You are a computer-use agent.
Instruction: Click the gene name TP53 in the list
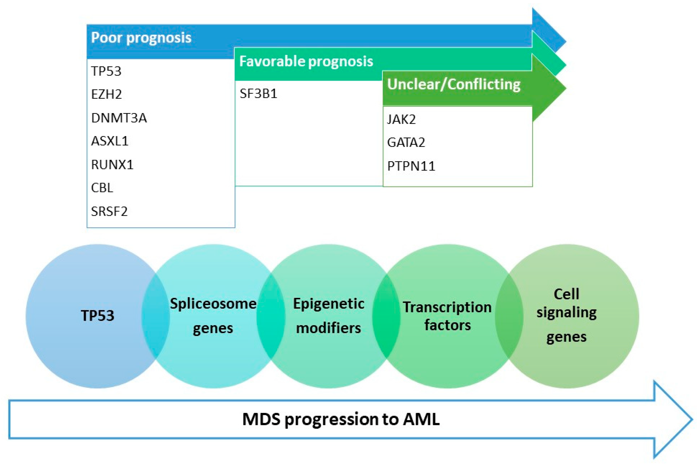click(106, 71)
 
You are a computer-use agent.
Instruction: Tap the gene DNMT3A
click(119, 118)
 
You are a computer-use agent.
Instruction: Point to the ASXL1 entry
click(110, 141)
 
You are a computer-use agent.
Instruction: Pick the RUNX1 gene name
click(112, 165)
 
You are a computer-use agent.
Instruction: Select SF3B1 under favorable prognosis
click(258, 94)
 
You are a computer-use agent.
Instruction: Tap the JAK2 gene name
click(401, 119)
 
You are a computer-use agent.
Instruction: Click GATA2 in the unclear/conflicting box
click(406, 143)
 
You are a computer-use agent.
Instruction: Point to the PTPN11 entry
click(411, 166)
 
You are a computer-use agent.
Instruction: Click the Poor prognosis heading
click(141, 38)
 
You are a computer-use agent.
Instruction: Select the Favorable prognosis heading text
click(306, 61)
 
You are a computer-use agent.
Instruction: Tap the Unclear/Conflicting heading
click(454, 84)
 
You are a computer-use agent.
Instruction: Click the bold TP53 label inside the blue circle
click(98, 316)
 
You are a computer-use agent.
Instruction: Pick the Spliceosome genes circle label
click(213, 316)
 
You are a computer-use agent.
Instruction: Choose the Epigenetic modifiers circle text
click(328, 316)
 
